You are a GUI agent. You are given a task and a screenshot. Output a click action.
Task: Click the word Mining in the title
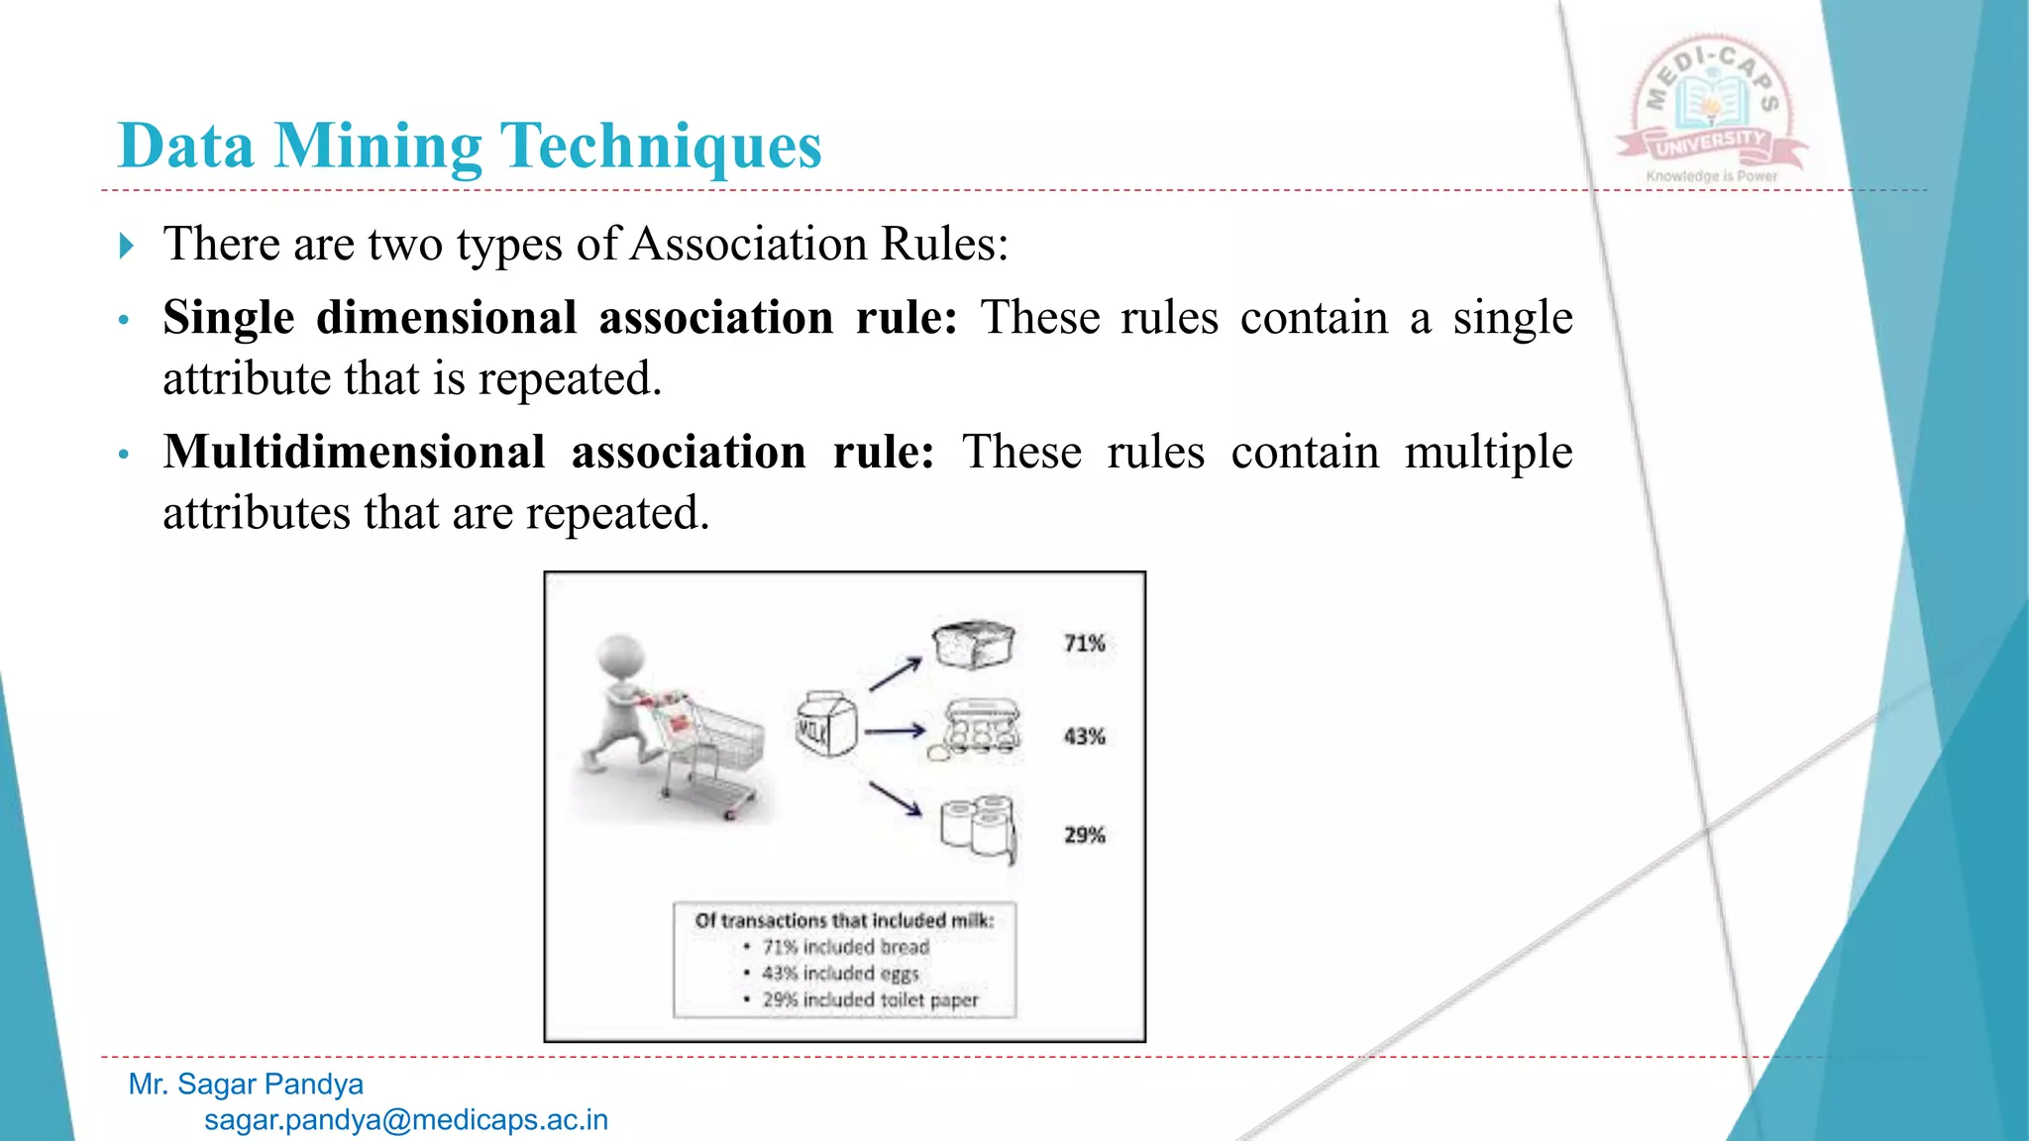coord(377,147)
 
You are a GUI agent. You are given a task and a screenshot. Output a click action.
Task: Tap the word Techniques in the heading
coord(661,147)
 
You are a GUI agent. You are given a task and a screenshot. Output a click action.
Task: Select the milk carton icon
coord(826,724)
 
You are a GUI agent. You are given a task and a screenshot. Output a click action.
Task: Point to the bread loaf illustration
coord(974,645)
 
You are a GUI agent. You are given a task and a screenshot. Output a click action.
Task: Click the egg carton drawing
coord(979,731)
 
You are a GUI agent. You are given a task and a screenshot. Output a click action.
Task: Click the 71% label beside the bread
coord(1084,644)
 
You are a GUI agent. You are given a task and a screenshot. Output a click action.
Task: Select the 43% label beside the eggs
coord(1084,737)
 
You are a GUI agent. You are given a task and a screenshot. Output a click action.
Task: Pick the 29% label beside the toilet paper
coord(1084,835)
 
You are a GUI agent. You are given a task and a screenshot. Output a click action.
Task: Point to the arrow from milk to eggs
coord(894,732)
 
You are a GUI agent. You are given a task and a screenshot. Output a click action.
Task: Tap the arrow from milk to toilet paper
coord(895,798)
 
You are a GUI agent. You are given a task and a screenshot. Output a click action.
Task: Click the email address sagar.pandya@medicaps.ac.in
coord(406,1120)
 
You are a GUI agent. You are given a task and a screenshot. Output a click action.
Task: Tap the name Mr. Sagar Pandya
coord(246,1085)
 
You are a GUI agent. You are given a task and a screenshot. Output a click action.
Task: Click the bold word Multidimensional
coord(355,452)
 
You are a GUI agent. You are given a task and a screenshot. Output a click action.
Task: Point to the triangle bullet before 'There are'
coord(126,245)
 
